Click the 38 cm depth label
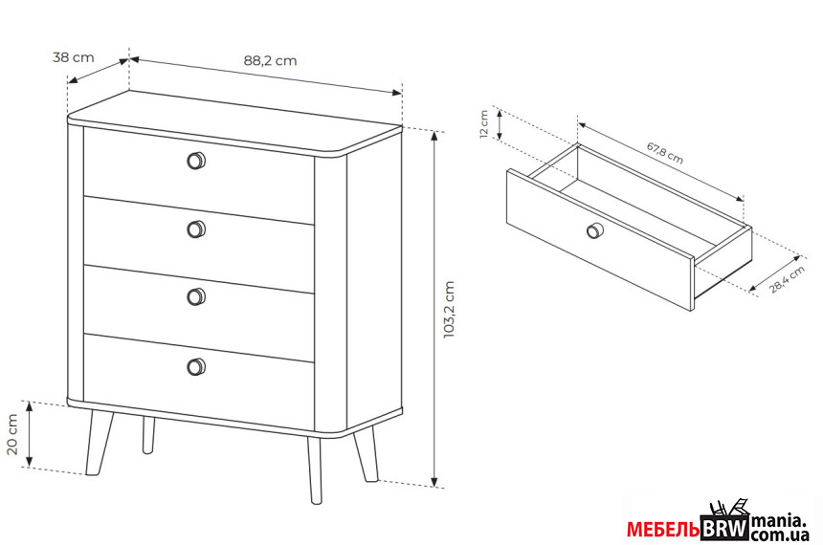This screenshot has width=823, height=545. tap(74, 56)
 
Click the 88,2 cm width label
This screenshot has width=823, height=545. tap(270, 60)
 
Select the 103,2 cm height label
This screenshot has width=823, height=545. tap(449, 310)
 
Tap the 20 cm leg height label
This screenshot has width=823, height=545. tap(12, 434)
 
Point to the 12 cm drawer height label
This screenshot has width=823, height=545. tap(484, 123)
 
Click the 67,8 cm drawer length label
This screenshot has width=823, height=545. tap(664, 153)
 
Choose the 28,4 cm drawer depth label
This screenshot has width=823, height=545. tap(787, 279)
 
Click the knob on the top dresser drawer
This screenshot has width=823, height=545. tap(196, 161)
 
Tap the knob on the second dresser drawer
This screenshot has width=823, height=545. tap(196, 229)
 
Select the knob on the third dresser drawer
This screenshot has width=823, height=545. tap(196, 297)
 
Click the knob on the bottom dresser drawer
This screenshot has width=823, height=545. tap(196, 366)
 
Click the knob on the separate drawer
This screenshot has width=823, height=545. tap(594, 230)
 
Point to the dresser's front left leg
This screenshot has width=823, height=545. tap(99, 443)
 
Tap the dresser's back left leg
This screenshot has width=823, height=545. tap(148, 435)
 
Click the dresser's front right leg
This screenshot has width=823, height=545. tap(315, 470)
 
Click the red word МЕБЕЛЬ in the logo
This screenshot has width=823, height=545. tap(663, 530)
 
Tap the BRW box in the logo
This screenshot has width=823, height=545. tap(724, 528)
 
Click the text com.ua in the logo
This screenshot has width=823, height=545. tap(780, 535)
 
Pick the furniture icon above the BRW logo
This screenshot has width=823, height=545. tap(728, 509)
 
